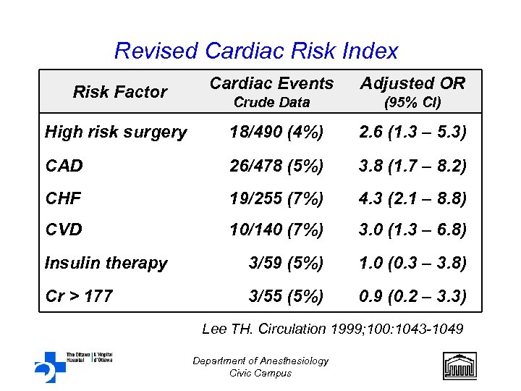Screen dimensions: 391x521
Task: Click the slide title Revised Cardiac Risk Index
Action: (x=256, y=51)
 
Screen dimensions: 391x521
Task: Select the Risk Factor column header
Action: (x=120, y=92)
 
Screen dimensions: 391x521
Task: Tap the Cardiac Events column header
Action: (x=271, y=84)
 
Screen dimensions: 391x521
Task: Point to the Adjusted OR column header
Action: (x=412, y=84)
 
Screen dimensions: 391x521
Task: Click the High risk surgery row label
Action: (x=116, y=132)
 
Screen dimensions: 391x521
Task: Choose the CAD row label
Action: (x=64, y=166)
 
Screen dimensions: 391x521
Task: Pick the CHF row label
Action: (x=63, y=198)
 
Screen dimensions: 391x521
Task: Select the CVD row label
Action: (x=64, y=230)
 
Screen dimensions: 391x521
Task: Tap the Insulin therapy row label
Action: (x=106, y=263)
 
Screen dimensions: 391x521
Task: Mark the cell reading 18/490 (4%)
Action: (x=276, y=132)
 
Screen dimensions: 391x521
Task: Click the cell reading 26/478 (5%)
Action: (x=276, y=166)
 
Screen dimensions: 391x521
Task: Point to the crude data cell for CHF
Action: (x=276, y=198)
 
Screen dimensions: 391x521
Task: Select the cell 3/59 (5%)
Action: (x=285, y=263)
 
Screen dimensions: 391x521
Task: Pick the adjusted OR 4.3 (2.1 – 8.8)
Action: (x=413, y=198)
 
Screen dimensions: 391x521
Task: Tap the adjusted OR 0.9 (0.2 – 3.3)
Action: (x=413, y=295)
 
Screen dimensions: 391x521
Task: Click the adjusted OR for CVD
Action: (x=413, y=230)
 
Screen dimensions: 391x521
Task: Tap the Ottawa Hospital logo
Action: (x=72, y=365)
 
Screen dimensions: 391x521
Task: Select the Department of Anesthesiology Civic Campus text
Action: (x=260, y=366)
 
